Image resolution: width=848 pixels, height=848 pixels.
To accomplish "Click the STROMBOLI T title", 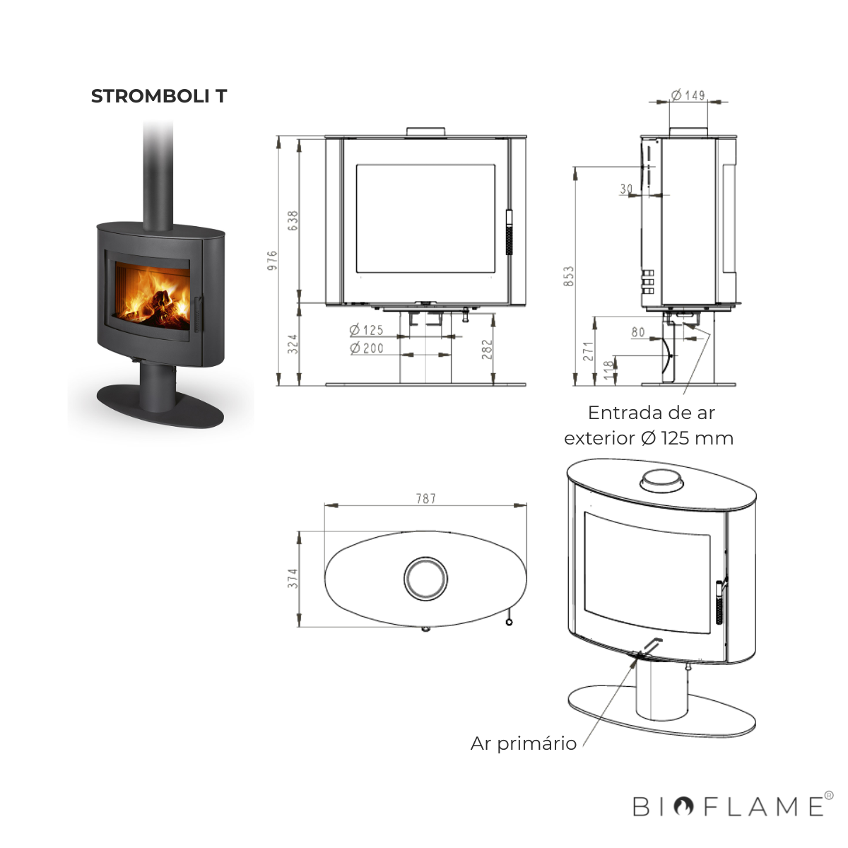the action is tap(159, 96).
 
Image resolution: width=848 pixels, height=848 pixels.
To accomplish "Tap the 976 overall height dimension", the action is tap(273, 260).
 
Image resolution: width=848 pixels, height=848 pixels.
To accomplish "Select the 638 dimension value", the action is tap(293, 220).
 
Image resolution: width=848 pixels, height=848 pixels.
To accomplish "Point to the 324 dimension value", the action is tap(293, 344).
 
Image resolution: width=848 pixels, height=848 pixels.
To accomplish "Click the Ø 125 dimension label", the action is tap(366, 329).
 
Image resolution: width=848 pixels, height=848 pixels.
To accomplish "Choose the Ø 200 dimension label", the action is tap(367, 348).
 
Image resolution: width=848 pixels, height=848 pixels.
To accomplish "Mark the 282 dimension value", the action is tap(487, 349).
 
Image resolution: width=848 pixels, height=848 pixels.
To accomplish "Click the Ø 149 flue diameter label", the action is tap(688, 95).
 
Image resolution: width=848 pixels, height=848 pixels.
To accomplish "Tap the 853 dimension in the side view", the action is tap(569, 276).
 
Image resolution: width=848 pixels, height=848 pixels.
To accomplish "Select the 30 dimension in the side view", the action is tap(626, 189).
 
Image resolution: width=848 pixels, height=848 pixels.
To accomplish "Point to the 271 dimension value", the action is tap(589, 351).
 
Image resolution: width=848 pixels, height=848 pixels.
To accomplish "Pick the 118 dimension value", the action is tap(608, 370).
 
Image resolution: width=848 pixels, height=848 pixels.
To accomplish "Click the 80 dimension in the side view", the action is tap(638, 332).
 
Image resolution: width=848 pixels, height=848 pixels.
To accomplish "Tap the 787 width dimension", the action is tap(426, 499).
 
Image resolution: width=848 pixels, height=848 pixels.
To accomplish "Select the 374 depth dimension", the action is tap(293, 578).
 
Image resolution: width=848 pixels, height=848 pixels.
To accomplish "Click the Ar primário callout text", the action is tap(523, 743).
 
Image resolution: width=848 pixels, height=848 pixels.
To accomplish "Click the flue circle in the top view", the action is tap(425, 557).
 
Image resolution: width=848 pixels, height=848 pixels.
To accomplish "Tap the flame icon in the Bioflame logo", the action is tap(683, 806).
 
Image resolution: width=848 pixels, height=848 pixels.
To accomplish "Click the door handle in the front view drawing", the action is tap(509, 232).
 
